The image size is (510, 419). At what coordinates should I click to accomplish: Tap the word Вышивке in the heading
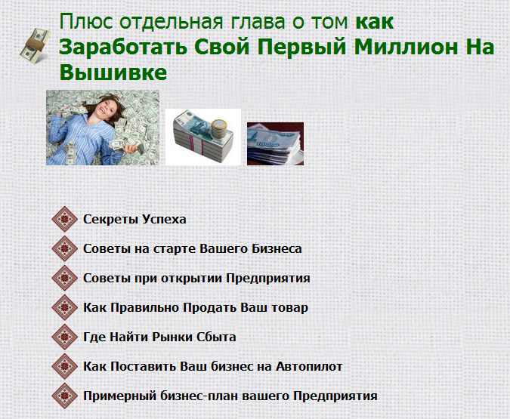click(113, 73)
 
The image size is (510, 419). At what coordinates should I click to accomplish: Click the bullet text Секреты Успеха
click(134, 220)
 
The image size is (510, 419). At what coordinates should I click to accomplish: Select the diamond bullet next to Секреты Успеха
click(66, 220)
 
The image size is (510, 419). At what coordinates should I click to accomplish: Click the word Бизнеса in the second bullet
click(277, 249)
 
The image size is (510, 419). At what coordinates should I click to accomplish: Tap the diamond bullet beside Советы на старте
click(66, 249)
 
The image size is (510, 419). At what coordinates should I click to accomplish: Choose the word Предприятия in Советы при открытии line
click(268, 279)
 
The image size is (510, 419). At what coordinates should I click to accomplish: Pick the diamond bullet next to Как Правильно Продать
click(66, 308)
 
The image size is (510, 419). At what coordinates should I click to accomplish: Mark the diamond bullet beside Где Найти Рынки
click(66, 337)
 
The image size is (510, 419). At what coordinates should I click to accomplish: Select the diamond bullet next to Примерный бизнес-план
click(66, 396)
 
